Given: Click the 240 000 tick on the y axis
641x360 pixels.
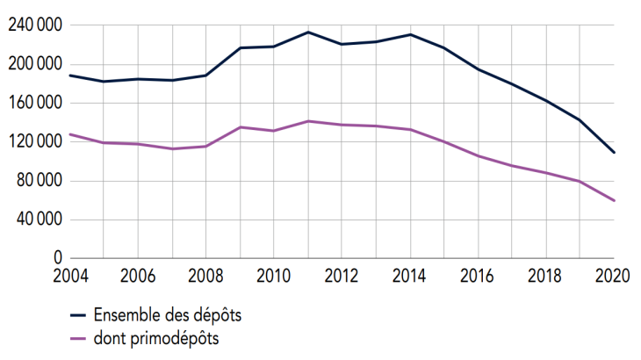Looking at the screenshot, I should tap(33, 25).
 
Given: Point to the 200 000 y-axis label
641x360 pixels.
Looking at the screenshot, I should tap(33, 64).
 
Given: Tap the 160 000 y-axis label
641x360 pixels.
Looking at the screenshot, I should tap(33, 103).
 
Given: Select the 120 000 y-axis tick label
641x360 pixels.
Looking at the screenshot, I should tap(33, 141).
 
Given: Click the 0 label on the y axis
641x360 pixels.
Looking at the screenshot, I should tap(57, 258).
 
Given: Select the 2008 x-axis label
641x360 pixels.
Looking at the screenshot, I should tap(205, 274).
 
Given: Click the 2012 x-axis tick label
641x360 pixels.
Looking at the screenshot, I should tap(341, 274).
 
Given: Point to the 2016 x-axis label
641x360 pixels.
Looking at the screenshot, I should tap(478, 274).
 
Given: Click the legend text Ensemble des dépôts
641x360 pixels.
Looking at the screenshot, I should tap(165, 314).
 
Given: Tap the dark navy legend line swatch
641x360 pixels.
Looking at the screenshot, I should tap(78, 314).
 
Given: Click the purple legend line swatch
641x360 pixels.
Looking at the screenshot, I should tap(78, 338).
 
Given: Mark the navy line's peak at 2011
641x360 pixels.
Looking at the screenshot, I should tap(307, 32).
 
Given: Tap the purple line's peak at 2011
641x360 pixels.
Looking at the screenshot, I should tap(307, 121).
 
